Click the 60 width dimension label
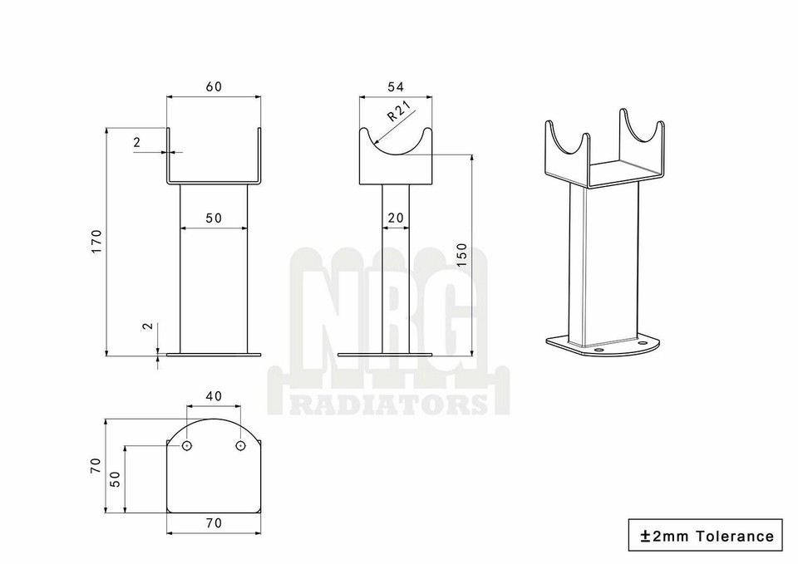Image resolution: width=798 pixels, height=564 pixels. [213, 86]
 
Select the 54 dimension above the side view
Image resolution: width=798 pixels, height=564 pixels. [397, 86]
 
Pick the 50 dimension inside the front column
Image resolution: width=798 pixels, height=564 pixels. [214, 218]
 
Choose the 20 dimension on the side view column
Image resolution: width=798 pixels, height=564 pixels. [396, 218]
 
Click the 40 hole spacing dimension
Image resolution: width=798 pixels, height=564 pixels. [214, 396]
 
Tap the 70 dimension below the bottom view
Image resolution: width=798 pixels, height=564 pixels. [214, 523]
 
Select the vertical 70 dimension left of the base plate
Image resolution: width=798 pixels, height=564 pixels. [95, 467]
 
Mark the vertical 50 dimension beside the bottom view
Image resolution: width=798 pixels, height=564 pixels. [115, 479]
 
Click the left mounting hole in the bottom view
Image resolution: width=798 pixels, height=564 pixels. [187, 446]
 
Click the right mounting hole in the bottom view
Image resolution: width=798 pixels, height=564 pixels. [240, 446]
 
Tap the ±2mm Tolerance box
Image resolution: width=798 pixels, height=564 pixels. [706, 536]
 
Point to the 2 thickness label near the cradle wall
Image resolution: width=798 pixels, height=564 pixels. [136, 142]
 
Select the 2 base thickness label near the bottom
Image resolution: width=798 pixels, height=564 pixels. [148, 326]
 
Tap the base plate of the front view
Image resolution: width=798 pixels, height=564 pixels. [214, 355]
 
